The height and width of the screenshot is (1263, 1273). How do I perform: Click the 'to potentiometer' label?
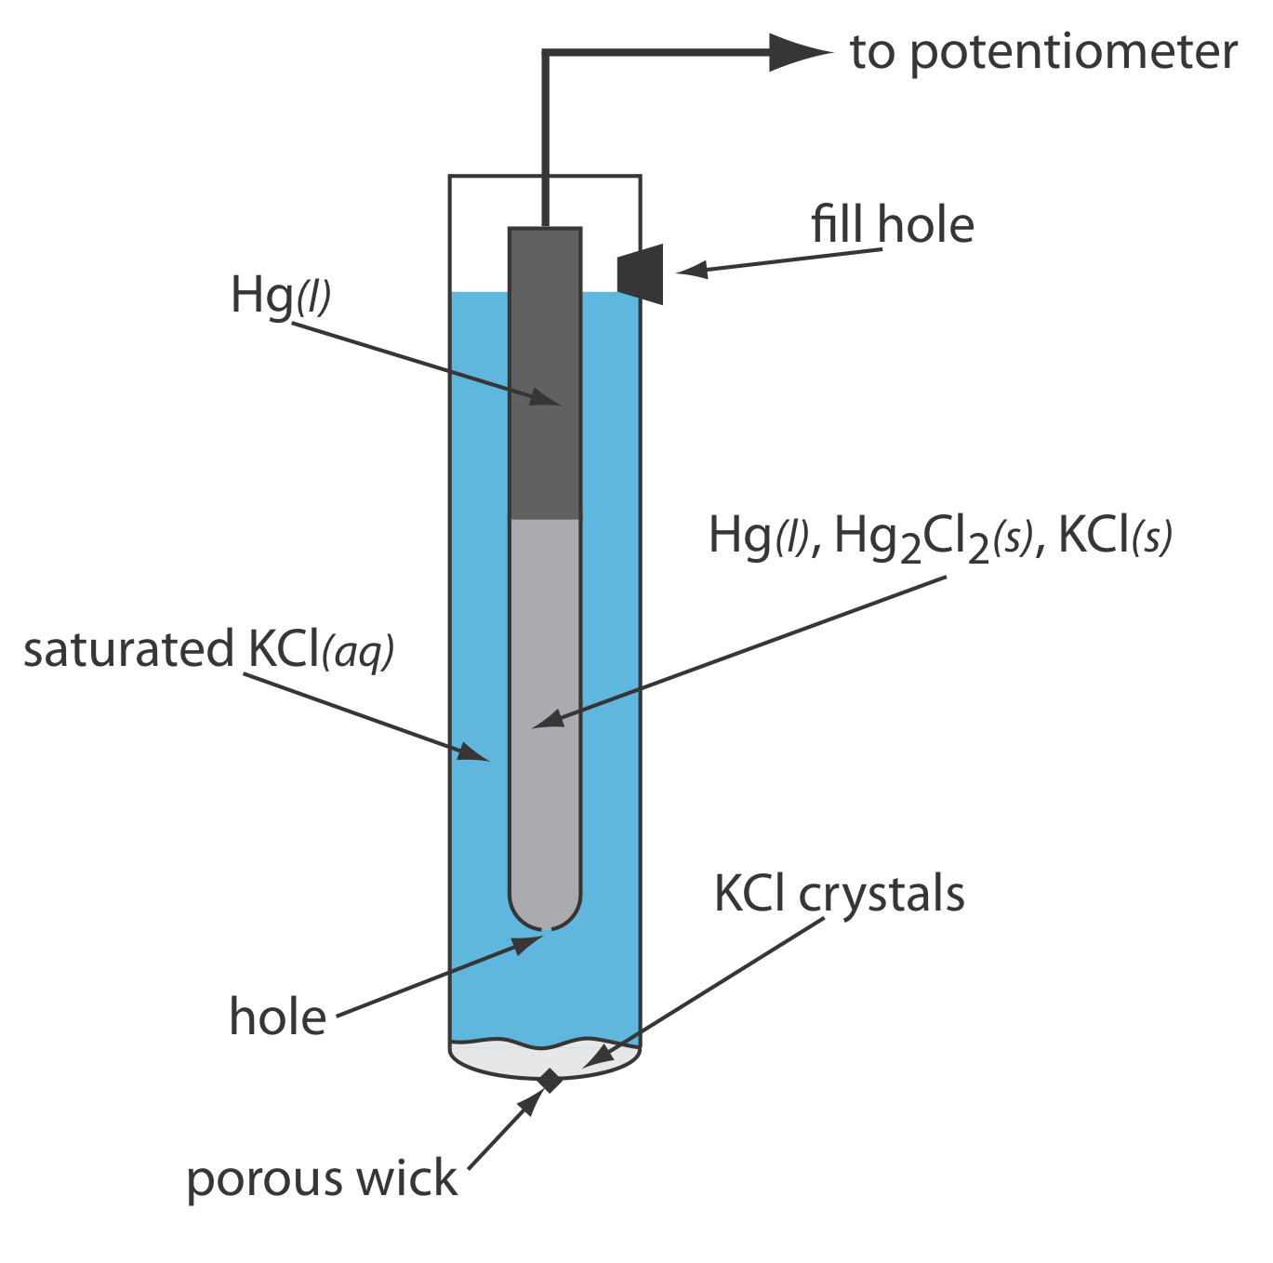pos(1042,52)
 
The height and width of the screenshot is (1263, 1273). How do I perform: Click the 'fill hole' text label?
pos(892,225)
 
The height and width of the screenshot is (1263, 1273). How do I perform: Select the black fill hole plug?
pos(641,273)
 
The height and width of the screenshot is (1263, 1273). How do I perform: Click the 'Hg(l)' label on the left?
pos(280,297)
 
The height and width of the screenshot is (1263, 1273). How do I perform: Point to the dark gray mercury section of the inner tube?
pos(545,372)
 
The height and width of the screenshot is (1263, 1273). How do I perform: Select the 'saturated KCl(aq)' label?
pos(209,650)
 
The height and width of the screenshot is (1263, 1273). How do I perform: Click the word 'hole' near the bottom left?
pos(277,1017)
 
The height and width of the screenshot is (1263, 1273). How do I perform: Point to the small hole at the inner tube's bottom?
pos(546,928)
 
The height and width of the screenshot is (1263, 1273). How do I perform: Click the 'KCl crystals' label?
pos(839,895)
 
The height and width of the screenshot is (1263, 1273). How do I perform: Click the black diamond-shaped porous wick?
pos(550,1081)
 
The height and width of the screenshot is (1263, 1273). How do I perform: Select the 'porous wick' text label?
pos(322,1179)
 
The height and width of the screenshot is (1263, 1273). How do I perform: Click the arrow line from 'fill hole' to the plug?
pos(781,261)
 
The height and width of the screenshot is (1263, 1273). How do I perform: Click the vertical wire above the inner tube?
pos(545,140)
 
